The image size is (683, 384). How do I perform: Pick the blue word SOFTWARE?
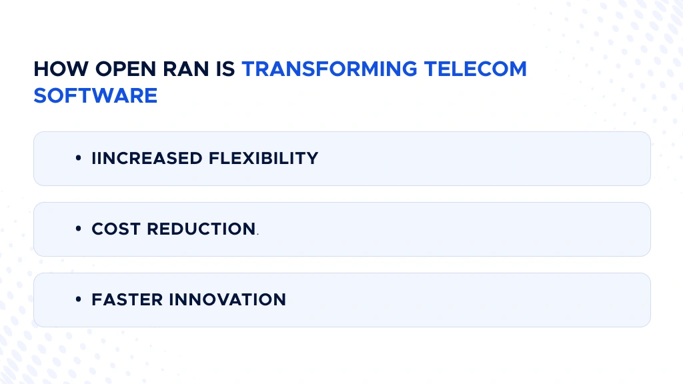(95, 95)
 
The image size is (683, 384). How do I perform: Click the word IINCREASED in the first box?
(147, 159)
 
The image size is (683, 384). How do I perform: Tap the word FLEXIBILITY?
(263, 159)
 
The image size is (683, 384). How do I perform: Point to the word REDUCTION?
(201, 229)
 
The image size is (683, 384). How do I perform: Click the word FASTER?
(127, 300)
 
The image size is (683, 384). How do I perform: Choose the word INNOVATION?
(227, 300)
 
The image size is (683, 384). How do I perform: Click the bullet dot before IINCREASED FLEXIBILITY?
(79, 159)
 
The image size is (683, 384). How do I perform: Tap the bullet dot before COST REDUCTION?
(79, 230)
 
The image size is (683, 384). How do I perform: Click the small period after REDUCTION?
(257, 234)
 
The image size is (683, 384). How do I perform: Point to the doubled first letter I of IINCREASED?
(94, 159)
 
